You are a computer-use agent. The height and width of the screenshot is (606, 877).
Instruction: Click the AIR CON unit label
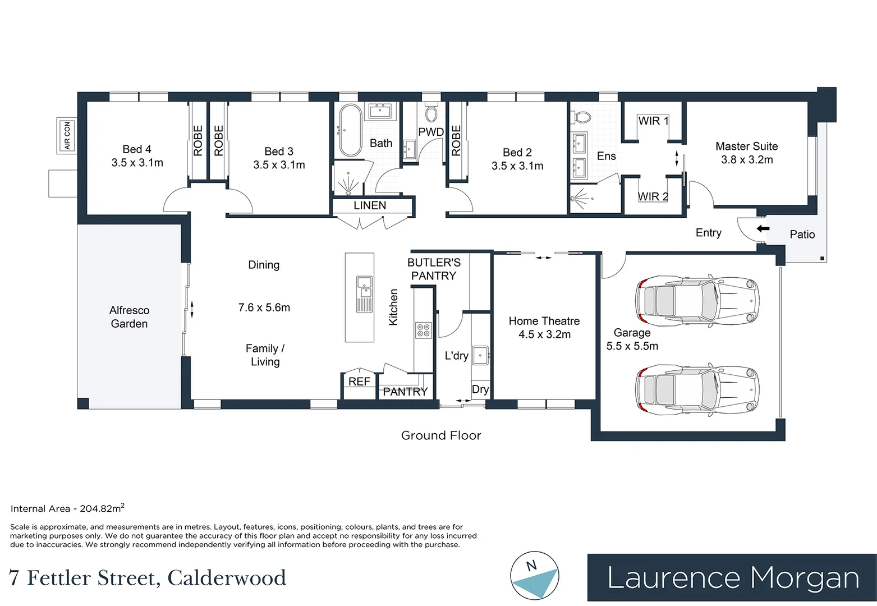point(67,135)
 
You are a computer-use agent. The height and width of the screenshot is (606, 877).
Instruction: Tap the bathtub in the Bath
point(351,130)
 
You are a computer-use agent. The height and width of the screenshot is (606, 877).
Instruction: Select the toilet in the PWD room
point(431,112)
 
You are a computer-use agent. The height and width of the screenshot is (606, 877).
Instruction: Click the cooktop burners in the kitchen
point(423,330)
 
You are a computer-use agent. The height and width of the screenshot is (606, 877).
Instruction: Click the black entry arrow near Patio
point(763,228)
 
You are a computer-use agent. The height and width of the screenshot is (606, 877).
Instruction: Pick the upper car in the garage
point(697,301)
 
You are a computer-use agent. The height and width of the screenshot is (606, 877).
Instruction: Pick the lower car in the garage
point(697,390)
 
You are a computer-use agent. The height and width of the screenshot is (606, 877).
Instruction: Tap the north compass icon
point(534,576)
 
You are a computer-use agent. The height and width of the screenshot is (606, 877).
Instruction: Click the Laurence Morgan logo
point(732,577)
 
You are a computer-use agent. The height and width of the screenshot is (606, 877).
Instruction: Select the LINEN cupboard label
point(370,205)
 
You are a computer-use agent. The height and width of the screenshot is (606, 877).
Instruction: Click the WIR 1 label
point(653,121)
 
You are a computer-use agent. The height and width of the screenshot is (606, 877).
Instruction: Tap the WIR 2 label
point(653,196)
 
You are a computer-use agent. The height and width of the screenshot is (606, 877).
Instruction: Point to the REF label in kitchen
point(359,382)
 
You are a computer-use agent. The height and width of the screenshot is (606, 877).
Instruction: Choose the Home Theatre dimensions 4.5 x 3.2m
point(544,334)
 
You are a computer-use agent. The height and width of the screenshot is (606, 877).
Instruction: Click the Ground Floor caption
point(441,435)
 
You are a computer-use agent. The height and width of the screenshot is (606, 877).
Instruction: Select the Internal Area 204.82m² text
point(67,508)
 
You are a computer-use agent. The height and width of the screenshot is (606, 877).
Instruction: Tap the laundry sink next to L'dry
point(480,355)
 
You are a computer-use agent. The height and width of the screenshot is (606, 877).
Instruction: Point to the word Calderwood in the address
point(227,578)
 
